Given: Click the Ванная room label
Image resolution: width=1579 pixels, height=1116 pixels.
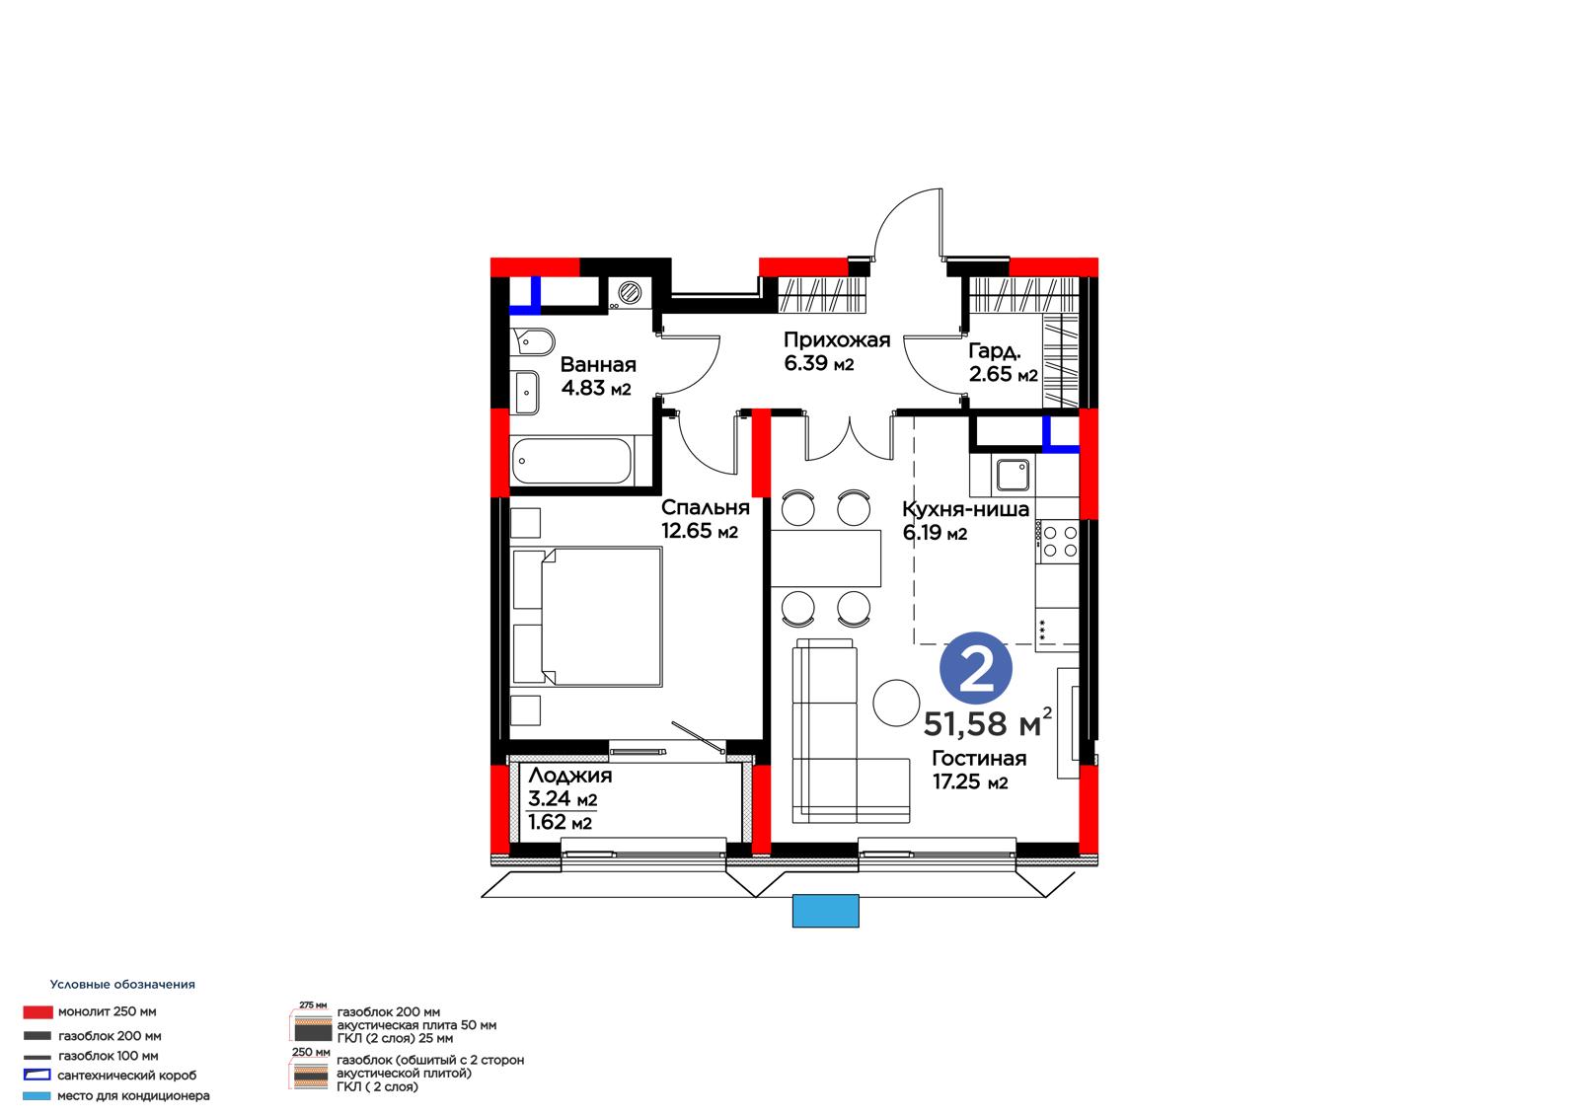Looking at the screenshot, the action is point(598,364).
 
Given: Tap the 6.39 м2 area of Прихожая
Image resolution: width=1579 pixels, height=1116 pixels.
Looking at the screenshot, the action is point(818,364).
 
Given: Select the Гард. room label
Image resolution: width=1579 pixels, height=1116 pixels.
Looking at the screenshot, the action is point(995,350).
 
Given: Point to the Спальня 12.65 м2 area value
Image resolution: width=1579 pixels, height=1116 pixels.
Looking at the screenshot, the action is point(700,531).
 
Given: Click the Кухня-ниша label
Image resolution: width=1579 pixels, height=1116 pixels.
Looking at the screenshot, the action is point(966,509).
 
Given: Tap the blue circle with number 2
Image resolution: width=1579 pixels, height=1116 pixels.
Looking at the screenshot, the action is point(976,668).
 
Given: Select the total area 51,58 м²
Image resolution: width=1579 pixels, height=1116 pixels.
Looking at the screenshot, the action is point(988,723).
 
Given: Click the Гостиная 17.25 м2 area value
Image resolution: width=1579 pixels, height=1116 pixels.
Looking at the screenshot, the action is point(970,781).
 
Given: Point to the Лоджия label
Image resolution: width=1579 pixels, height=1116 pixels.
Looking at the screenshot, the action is point(570,776).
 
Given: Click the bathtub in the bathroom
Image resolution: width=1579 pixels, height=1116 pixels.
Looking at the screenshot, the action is point(571,461).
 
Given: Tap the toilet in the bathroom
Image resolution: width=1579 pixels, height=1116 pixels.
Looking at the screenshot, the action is point(533,341).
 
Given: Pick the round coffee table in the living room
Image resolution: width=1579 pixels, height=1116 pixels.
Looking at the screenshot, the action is point(896,703).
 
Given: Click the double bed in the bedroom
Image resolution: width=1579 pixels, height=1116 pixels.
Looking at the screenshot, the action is point(587,617).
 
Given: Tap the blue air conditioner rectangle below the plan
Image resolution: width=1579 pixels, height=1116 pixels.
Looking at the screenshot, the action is point(825,911).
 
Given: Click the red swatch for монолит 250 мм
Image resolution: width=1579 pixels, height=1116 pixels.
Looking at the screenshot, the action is point(38,1012).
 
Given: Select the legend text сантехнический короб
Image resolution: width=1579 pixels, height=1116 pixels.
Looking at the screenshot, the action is point(127,1076).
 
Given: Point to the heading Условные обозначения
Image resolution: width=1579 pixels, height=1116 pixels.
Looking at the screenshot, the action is point(122,984).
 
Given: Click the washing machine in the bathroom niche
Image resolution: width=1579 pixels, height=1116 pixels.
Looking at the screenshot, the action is point(630,293).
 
